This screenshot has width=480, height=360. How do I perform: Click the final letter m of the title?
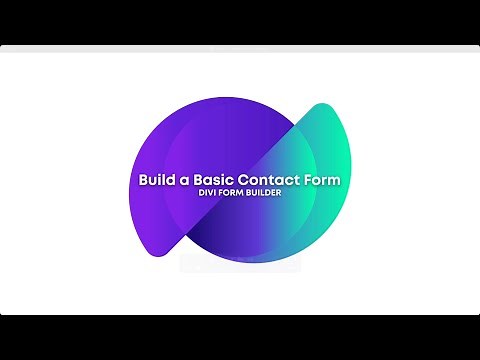tap(335, 181)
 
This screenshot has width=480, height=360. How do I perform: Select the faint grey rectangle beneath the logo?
tap(240, 264)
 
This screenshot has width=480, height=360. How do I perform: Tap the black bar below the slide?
tap(240, 337)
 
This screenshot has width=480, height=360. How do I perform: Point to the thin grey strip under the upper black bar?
tap(240, 48)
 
